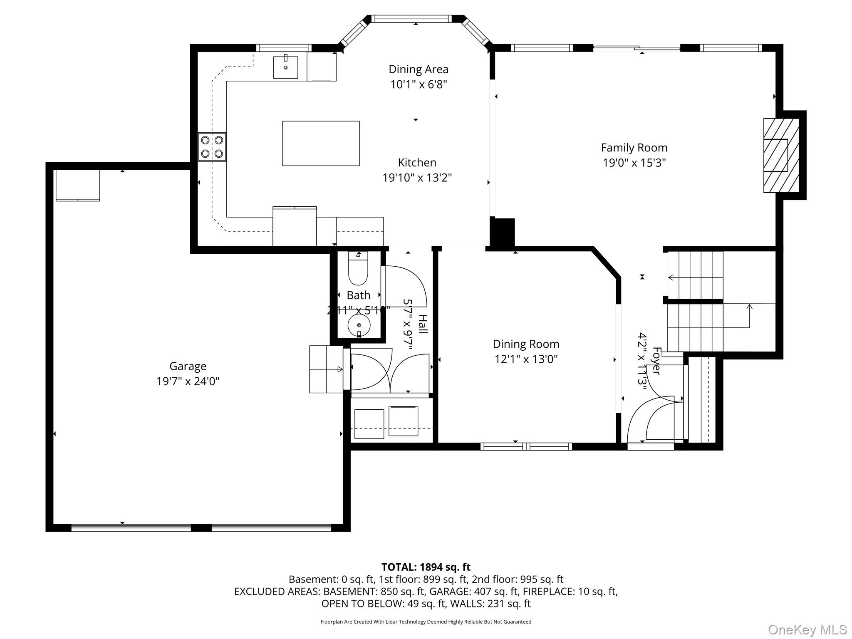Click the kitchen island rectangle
321,143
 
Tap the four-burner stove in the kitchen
212,146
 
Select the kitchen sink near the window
285,67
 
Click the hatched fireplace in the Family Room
781,155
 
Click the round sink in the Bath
358,325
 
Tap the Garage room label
188,366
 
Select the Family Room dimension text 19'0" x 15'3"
634,163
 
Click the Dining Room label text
526,344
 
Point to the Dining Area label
418,69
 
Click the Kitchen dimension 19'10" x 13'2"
417,178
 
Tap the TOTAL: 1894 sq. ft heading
426,567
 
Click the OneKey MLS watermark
807,629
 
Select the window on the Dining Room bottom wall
526,446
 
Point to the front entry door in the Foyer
650,446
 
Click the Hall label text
422,324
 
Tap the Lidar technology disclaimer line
426,622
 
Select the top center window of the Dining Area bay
411,19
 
